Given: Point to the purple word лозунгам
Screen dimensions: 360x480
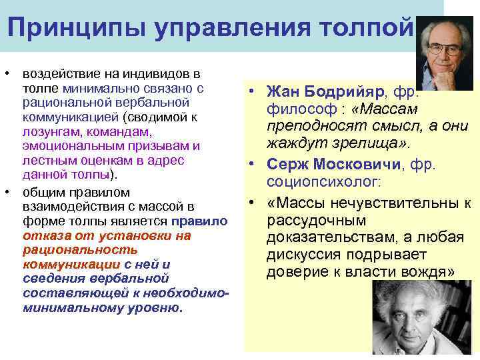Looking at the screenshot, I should pos(47,133).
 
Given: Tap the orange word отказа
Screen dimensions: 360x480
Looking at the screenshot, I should pos(42,236).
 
